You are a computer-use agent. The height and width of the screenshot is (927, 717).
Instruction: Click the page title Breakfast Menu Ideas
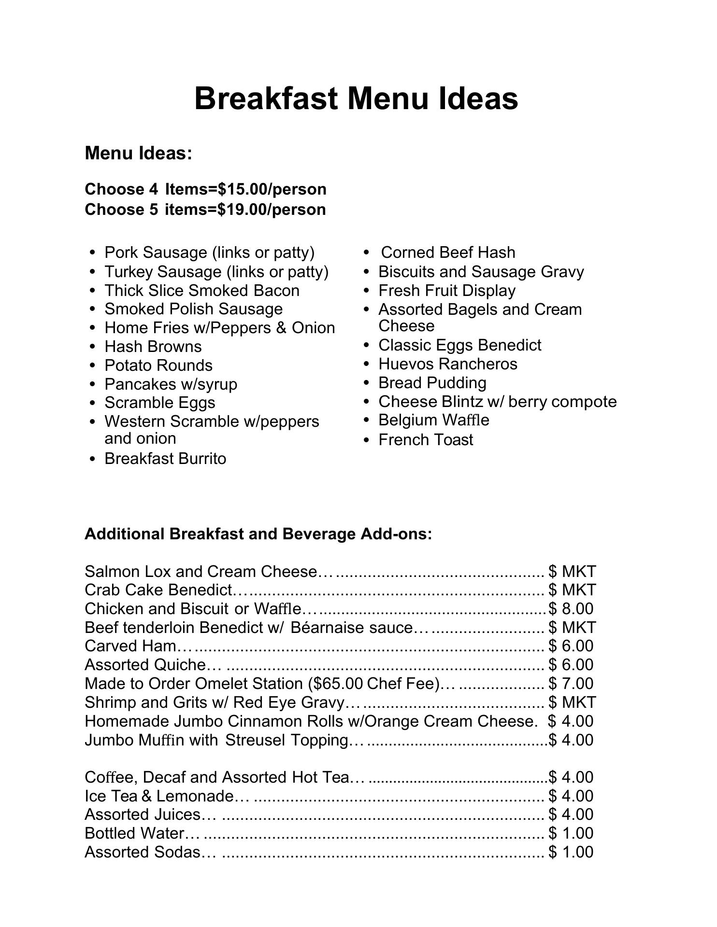[356, 98]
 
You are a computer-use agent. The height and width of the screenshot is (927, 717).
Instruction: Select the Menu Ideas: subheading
[139, 153]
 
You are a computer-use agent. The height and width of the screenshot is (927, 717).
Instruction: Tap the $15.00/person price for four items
[272, 189]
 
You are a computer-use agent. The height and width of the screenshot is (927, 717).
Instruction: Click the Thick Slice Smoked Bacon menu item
[202, 290]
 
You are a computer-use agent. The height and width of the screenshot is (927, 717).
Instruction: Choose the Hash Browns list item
[153, 346]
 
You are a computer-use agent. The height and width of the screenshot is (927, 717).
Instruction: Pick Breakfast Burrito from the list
[165, 458]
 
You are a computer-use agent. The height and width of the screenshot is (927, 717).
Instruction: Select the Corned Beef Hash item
[448, 252]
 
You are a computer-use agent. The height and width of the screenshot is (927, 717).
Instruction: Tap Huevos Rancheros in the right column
[448, 364]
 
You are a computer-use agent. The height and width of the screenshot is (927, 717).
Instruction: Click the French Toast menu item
[426, 439]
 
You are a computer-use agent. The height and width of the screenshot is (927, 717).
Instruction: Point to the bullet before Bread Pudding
[367, 383]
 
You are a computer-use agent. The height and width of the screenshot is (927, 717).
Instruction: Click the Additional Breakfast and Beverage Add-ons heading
[258, 534]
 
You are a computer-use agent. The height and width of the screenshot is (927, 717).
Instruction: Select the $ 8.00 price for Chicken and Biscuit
[571, 608]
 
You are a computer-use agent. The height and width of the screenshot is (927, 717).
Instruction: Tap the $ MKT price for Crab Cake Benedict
[572, 590]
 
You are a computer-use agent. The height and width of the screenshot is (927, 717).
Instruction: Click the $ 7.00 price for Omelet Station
[571, 683]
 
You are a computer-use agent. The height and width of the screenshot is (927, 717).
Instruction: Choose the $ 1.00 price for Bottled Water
[571, 833]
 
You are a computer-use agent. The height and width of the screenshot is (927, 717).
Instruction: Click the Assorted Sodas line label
[143, 852]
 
